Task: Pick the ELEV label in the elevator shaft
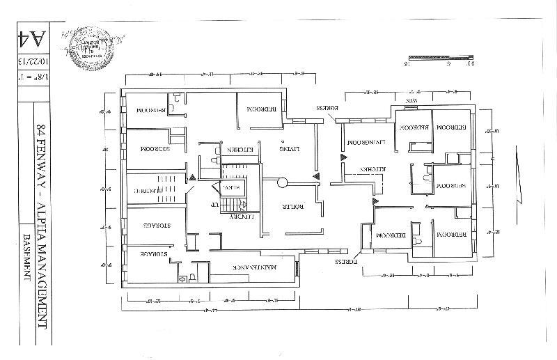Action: (230, 187)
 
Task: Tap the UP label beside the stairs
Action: (215, 205)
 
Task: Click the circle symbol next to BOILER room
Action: (282, 183)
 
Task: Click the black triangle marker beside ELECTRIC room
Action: (191, 178)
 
